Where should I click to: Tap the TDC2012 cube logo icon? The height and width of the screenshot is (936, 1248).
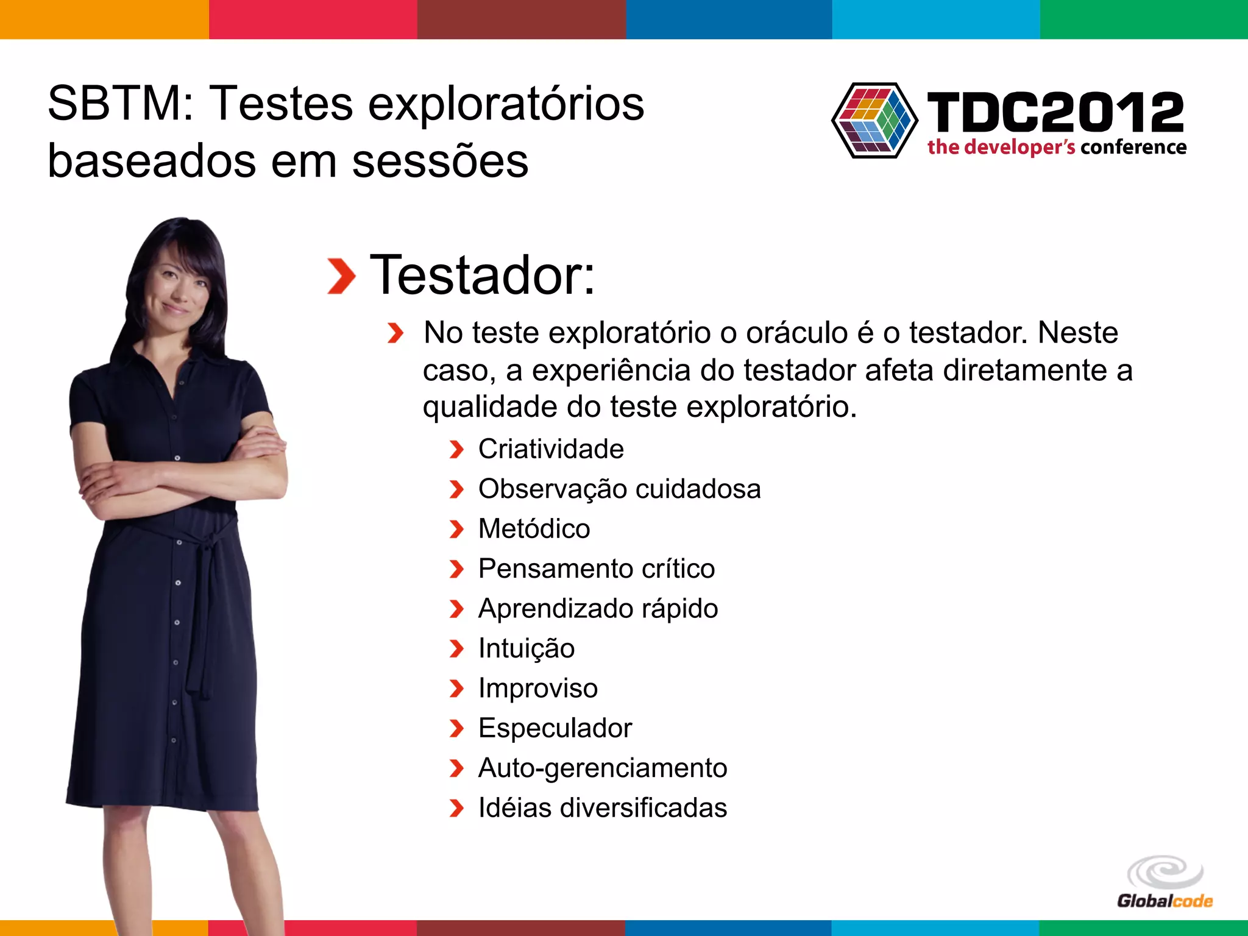pyautogui.click(x=875, y=120)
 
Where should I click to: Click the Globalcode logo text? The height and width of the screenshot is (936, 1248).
pyautogui.click(x=1165, y=901)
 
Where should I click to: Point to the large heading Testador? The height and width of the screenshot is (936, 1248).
pyautogui.click(x=482, y=275)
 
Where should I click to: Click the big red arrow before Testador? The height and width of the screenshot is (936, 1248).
pyautogui.click(x=341, y=276)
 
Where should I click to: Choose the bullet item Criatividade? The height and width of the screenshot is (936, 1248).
pyautogui.click(x=551, y=449)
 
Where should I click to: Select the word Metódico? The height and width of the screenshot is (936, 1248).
pyautogui.click(x=534, y=529)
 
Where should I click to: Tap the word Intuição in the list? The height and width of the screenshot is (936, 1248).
pyautogui.click(x=526, y=648)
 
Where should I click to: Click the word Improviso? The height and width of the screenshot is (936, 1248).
pyautogui.click(x=538, y=688)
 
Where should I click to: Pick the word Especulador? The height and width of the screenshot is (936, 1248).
pyautogui.click(x=555, y=728)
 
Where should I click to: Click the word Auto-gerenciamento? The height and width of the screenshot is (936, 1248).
pyautogui.click(x=603, y=768)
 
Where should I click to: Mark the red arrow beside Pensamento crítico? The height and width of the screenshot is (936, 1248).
pyautogui.click(x=456, y=569)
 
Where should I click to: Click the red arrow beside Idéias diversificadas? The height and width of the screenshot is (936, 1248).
pyautogui.click(x=456, y=808)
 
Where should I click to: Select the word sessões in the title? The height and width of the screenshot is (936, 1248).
pyautogui.click(x=440, y=161)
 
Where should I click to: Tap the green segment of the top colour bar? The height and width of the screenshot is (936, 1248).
pyautogui.click(x=1144, y=19)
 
